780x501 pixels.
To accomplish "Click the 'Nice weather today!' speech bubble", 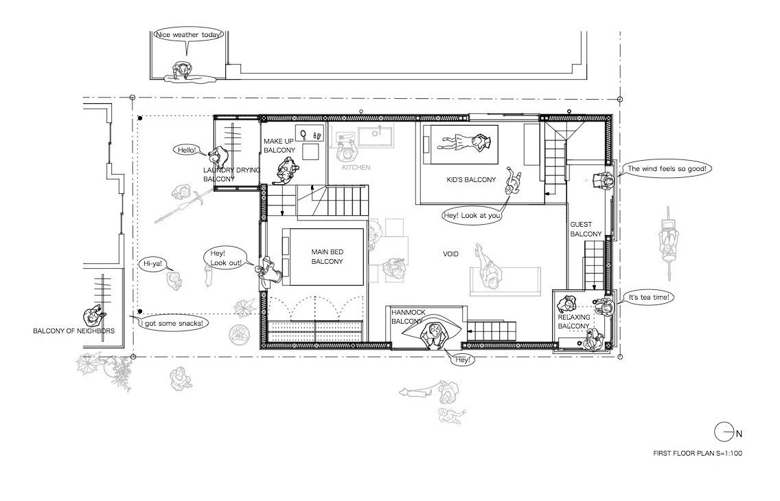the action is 189,35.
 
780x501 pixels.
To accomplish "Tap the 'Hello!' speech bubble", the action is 187,149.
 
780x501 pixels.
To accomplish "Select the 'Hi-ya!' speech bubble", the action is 152,263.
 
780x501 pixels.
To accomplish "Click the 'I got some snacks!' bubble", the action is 171,323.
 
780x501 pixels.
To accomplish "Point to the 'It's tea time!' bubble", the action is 649,298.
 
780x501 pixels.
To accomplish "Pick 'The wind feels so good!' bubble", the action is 667,169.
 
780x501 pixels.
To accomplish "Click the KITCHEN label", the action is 356,167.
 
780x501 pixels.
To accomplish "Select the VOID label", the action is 450,254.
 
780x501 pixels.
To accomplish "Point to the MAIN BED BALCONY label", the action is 328,256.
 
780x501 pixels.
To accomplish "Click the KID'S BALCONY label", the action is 471,180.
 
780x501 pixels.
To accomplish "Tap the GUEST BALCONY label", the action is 586,229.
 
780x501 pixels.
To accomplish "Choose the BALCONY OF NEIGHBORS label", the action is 73,331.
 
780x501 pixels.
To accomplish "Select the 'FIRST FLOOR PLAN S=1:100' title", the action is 698,453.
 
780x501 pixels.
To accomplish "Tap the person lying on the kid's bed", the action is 463,142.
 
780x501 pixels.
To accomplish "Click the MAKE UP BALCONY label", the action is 279,146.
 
